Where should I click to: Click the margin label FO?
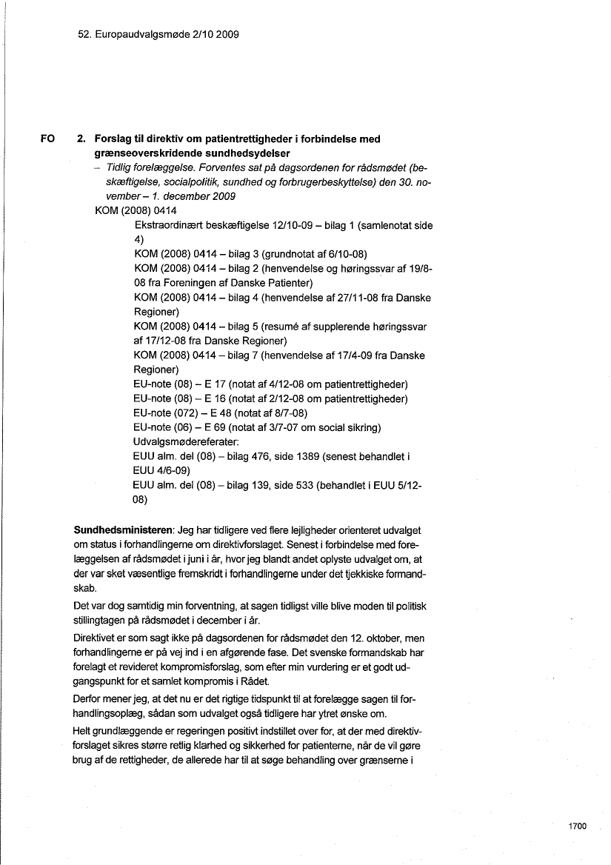(x=48, y=138)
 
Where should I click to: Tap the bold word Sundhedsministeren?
(x=123, y=531)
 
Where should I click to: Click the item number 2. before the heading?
(x=81, y=138)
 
